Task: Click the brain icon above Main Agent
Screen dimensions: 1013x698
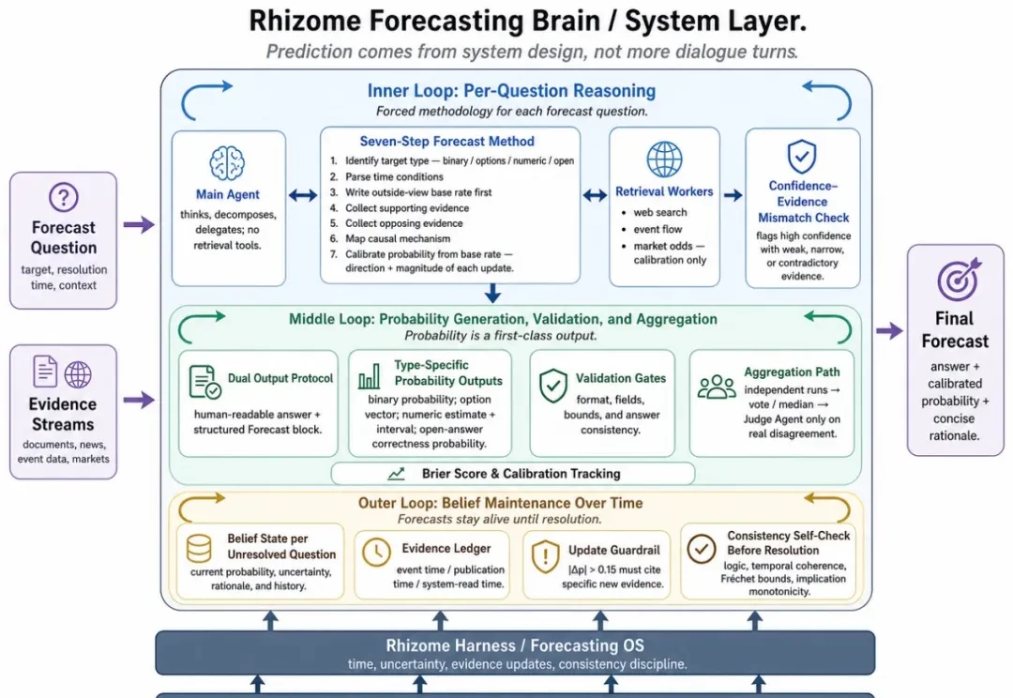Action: click(227, 163)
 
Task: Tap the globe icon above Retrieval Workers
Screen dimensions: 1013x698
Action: click(664, 159)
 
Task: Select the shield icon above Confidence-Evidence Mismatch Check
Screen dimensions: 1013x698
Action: click(802, 157)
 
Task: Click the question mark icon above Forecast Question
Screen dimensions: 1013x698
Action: click(64, 197)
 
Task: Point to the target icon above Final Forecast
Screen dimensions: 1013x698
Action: click(959, 280)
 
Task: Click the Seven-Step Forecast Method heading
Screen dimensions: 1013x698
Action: click(447, 142)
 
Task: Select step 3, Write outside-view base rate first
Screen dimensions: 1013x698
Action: click(418, 192)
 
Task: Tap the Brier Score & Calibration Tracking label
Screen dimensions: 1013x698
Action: click(521, 474)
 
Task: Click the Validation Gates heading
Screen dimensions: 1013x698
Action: click(621, 379)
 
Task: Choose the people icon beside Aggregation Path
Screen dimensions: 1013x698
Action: click(717, 387)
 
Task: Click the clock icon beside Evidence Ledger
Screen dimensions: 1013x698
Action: click(376, 553)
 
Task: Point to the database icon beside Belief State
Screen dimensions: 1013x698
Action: click(198, 549)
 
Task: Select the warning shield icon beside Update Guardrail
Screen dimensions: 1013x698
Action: click(545, 557)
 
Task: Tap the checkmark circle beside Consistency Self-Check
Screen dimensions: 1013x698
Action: click(701, 549)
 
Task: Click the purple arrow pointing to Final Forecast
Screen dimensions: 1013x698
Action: click(889, 331)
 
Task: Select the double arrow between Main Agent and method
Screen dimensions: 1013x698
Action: click(302, 195)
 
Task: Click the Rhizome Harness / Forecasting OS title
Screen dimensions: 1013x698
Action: click(515, 645)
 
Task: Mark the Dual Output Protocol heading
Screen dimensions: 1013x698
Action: click(280, 379)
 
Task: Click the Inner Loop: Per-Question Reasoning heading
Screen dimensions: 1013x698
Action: click(512, 91)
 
